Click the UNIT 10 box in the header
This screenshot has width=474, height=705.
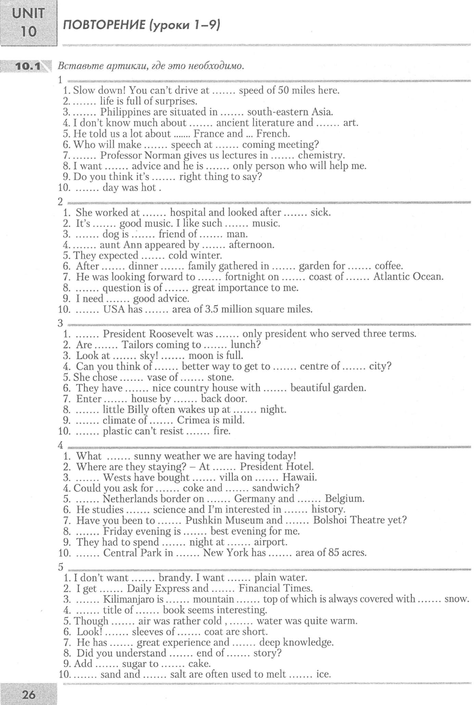tap(28, 23)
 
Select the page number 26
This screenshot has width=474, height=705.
tap(29, 694)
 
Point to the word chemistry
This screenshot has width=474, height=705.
tap(321, 155)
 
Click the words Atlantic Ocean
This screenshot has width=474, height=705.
tap(408, 277)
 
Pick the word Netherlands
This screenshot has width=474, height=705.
tap(131, 499)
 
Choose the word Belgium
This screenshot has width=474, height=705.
tap(344, 499)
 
